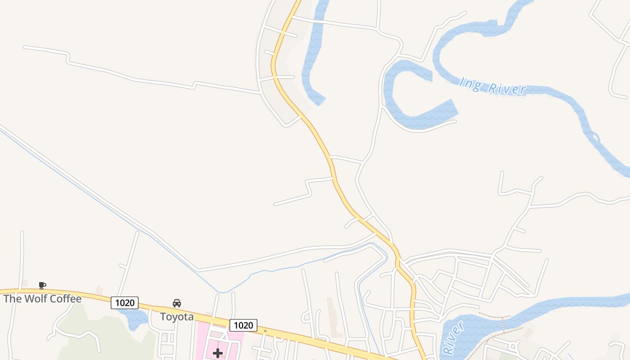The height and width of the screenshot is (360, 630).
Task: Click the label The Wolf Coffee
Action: coord(43,299)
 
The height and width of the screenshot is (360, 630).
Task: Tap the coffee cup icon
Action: coord(42,285)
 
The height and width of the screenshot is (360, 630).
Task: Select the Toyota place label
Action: coord(177,317)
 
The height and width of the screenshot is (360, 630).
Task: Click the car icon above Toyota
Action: coord(177,303)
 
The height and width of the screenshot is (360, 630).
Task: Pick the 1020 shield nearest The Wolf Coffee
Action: coord(125,303)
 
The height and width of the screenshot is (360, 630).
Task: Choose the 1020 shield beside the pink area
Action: coord(243,325)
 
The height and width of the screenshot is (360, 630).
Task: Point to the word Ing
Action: coord(470,84)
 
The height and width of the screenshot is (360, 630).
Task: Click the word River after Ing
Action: coord(507,89)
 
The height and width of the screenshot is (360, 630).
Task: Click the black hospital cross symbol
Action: coord(218,353)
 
